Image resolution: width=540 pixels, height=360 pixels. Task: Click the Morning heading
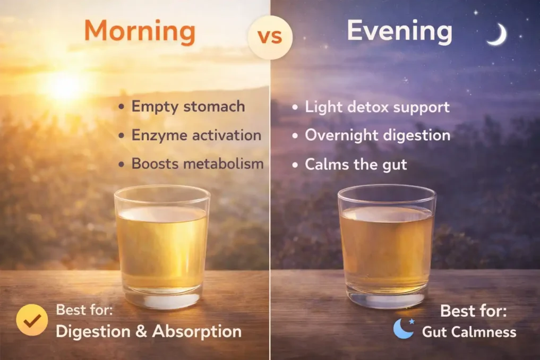(x=140, y=32)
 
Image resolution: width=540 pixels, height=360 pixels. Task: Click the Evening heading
(x=399, y=32)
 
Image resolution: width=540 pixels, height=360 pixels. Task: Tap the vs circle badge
(x=270, y=37)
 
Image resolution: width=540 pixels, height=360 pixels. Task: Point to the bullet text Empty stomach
(x=188, y=106)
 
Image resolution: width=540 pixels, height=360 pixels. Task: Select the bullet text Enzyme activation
(x=196, y=135)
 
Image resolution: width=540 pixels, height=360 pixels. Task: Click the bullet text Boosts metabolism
(x=197, y=164)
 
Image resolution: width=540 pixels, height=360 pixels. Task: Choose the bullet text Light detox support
(x=377, y=107)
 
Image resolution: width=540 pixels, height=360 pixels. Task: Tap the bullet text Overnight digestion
(x=377, y=135)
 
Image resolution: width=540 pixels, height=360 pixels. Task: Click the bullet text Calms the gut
(x=355, y=164)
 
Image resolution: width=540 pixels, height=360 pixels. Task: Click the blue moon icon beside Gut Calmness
(x=403, y=329)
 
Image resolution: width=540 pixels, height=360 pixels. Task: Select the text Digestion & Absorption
(x=148, y=332)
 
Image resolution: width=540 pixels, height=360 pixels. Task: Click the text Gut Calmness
(x=469, y=332)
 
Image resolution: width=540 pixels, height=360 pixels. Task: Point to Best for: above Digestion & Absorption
(x=89, y=310)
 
